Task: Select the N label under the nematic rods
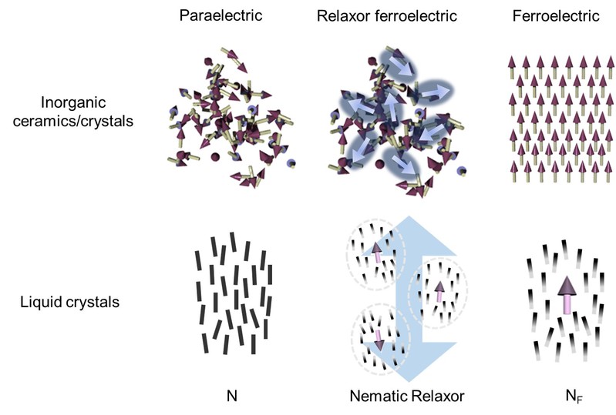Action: tap(231, 398)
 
